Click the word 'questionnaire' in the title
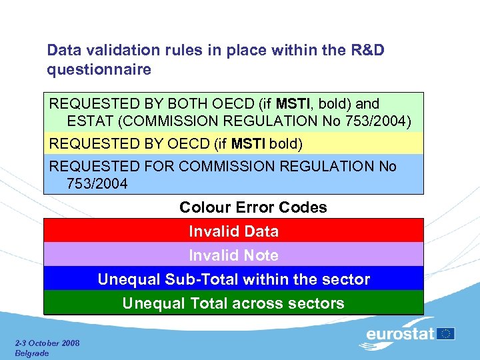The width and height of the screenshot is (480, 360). click(99, 70)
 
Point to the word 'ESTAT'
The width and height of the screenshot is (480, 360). click(89, 121)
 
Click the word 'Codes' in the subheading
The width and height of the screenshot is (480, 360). click(304, 207)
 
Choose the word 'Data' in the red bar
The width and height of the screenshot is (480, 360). click(261, 232)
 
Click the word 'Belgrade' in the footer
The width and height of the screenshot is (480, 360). click(31, 353)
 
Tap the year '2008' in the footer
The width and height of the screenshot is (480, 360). click(69, 343)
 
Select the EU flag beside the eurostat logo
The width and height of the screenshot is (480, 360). click(446, 333)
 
